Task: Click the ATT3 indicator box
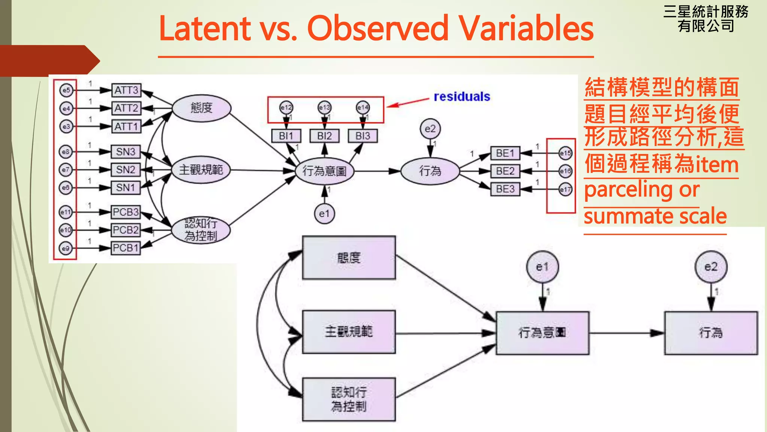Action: pyautogui.click(x=126, y=90)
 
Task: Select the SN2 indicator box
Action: pyautogui.click(x=125, y=170)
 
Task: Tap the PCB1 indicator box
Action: pyautogui.click(x=126, y=248)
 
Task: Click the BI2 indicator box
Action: pyautogui.click(x=324, y=136)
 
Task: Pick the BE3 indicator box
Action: pyautogui.click(x=505, y=189)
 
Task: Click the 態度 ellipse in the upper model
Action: pyautogui.click(x=201, y=108)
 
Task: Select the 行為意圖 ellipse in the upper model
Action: pyautogui.click(x=324, y=171)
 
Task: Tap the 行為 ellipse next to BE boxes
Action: pyautogui.click(x=430, y=171)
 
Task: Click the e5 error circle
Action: pyautogui.click(x=66, y=90)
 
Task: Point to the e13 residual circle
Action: pyautogui.click(x=324, y=108)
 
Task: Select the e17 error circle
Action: pyautogui.click(x=565, y=190)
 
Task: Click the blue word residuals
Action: pyautogui.click(x=462, y=97)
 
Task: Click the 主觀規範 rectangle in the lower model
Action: pyautogui.click(x=349, y=332)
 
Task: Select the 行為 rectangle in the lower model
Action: pyautogui.click(x=711, y=333)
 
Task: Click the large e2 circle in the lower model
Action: pyautogui.click(x=711, y=267)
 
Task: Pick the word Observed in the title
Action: pyautogui.click(x=378, y=28)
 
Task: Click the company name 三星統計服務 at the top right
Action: pyautogui.click(x=706, y=12)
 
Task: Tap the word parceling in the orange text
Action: pyautogui.click(x=629, y=190)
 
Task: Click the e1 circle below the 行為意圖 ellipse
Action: pyautogui.click(x=324, y=214)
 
